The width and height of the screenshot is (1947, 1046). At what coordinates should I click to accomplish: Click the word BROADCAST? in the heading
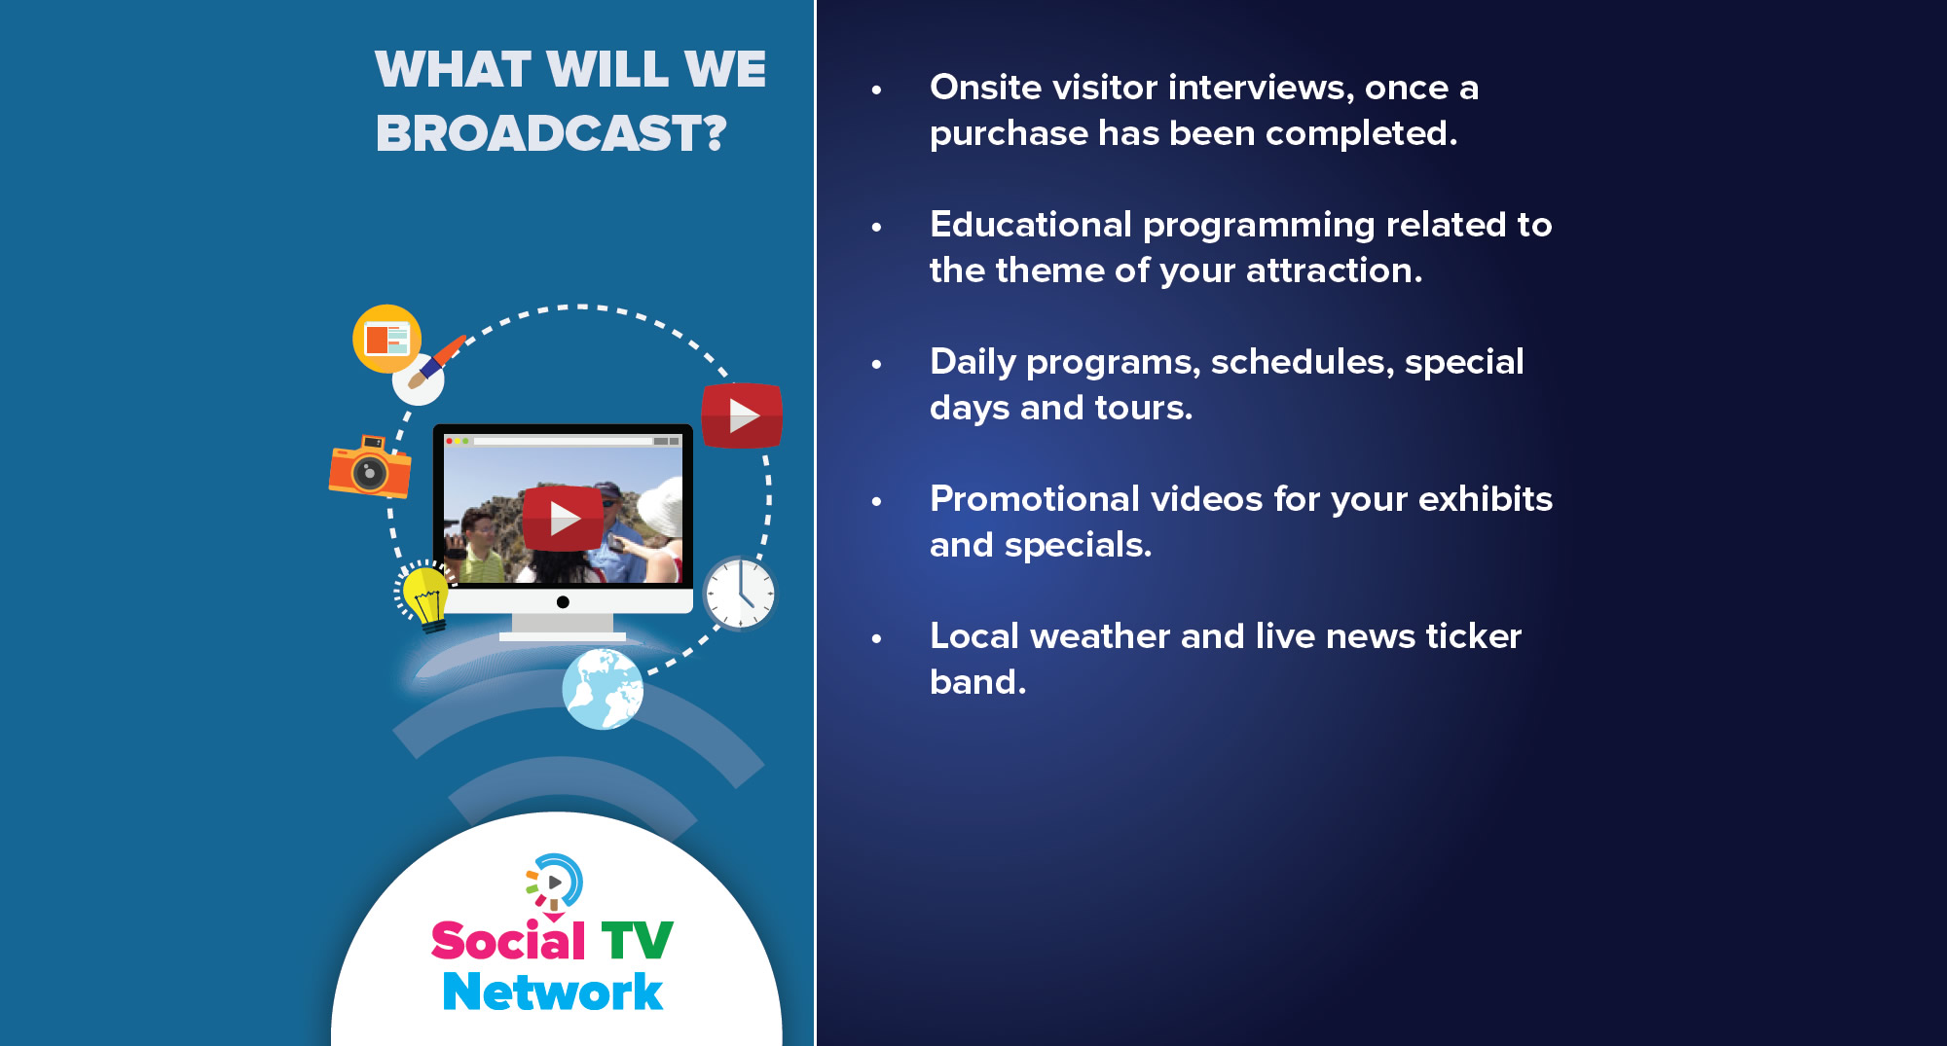click(551, 133)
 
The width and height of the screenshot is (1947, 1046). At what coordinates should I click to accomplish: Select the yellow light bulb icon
click(423, 596)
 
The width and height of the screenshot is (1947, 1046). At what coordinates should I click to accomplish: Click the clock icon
click(740, 593)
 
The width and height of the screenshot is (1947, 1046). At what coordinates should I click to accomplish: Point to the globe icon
click(603, 689)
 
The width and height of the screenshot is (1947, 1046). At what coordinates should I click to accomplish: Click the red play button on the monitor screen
click(563, 518)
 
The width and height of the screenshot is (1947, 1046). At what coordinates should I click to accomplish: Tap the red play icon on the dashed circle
click(742, 415)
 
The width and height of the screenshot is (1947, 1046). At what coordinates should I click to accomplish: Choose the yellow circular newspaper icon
click(387, 339)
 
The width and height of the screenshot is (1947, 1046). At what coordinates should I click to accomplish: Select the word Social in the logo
click(508, 941)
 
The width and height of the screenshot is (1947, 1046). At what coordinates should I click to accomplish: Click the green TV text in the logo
click(637, 941)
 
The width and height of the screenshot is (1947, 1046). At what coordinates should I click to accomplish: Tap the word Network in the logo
click(552, 992)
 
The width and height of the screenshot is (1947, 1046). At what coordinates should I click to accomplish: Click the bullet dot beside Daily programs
click(876, 365)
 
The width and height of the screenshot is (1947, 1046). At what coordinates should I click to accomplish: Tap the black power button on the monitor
click(563, 602)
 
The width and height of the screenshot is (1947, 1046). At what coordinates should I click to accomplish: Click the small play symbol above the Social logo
click(555, 883)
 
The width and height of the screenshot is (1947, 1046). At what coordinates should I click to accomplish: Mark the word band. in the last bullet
click(978, 682)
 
